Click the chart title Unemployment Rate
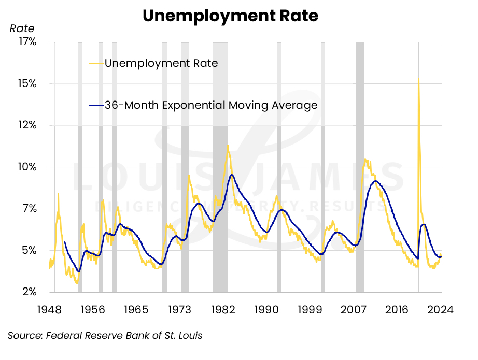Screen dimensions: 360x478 tap(230, 16)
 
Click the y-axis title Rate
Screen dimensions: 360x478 tap(22, 28)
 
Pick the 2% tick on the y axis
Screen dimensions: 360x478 tap(27, 292)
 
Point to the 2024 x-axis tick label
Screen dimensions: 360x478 tap(441, 310)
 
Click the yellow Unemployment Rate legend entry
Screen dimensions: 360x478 tap(161, 63)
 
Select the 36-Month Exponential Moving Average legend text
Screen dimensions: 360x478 tap(210, 105)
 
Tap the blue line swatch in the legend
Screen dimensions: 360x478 tap(96, 106)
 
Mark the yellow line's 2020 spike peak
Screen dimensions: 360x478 tap(418, 78)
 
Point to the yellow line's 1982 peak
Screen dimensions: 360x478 tap(227, 146)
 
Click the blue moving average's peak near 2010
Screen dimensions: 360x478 tap(375, 181)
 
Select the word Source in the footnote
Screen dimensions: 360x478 tap(24, 335)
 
